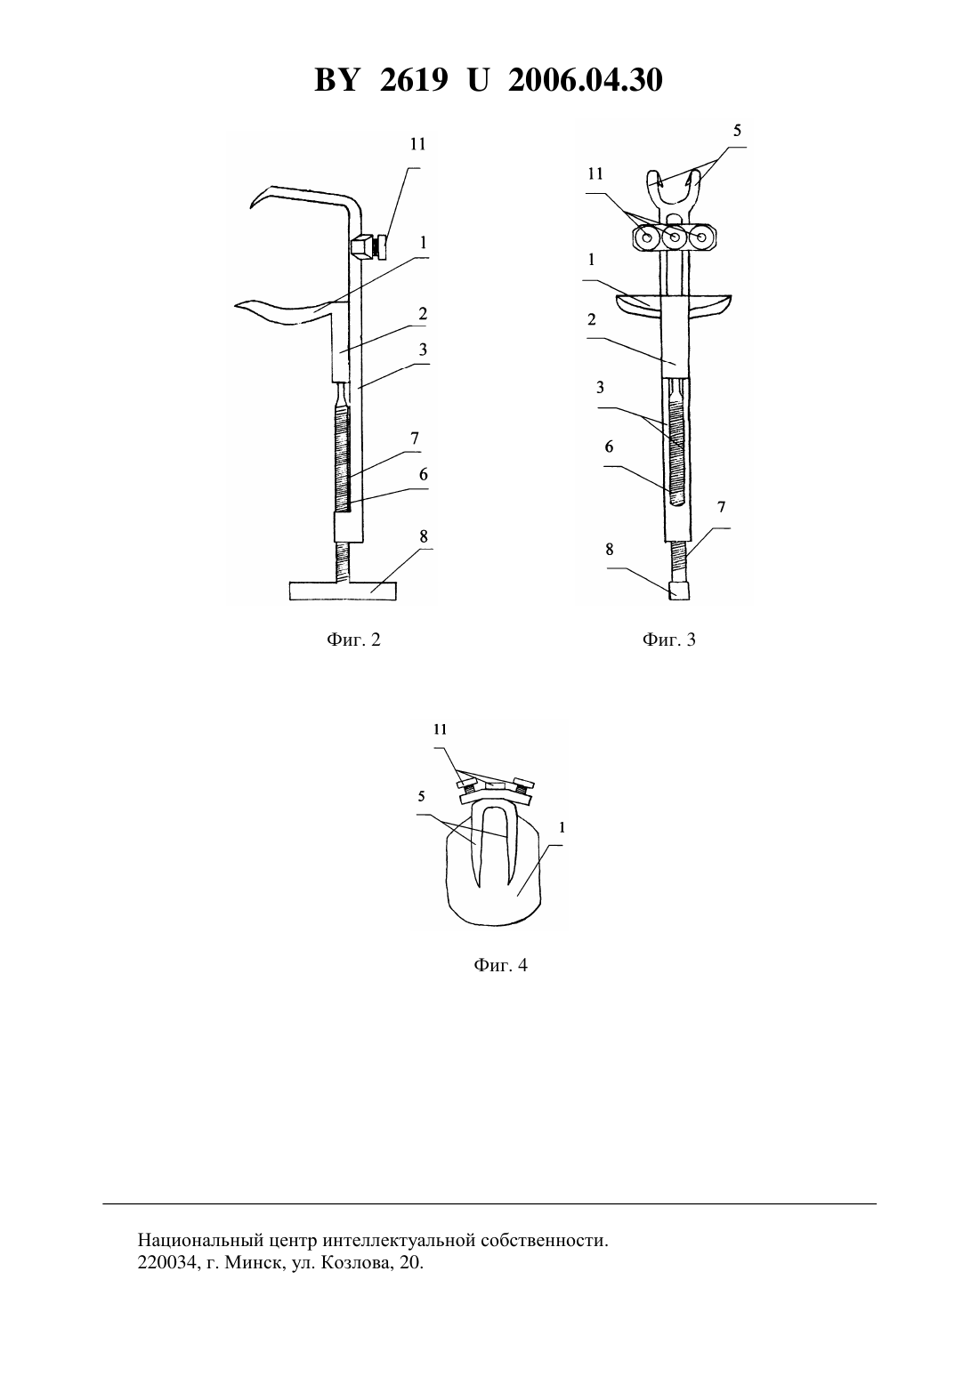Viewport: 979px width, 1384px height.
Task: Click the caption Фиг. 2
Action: (353, 640)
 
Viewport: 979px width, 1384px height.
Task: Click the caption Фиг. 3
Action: (668, 640)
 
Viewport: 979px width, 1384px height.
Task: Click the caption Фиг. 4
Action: (500, 965)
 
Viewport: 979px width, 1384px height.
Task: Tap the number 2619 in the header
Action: (413, 80)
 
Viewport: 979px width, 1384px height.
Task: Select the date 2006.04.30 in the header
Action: (586, 80)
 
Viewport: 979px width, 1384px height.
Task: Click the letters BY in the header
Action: (336, 80)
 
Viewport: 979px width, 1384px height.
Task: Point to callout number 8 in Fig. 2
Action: (424, 535)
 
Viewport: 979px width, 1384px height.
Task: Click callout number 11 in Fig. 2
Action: (417, 144)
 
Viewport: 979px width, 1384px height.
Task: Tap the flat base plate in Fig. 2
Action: (343, 591)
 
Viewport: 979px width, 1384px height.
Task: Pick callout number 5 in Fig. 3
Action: (737, 131)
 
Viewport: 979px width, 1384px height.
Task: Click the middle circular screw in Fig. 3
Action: (675, 237)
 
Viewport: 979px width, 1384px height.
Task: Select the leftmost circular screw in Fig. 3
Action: (648, 237)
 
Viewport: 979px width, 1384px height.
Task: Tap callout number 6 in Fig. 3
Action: (609, 447)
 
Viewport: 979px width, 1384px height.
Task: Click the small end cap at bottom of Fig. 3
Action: (679, 590)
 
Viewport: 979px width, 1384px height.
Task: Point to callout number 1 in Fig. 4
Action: (562, 826)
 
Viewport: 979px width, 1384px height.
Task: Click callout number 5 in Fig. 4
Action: (422, 796)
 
